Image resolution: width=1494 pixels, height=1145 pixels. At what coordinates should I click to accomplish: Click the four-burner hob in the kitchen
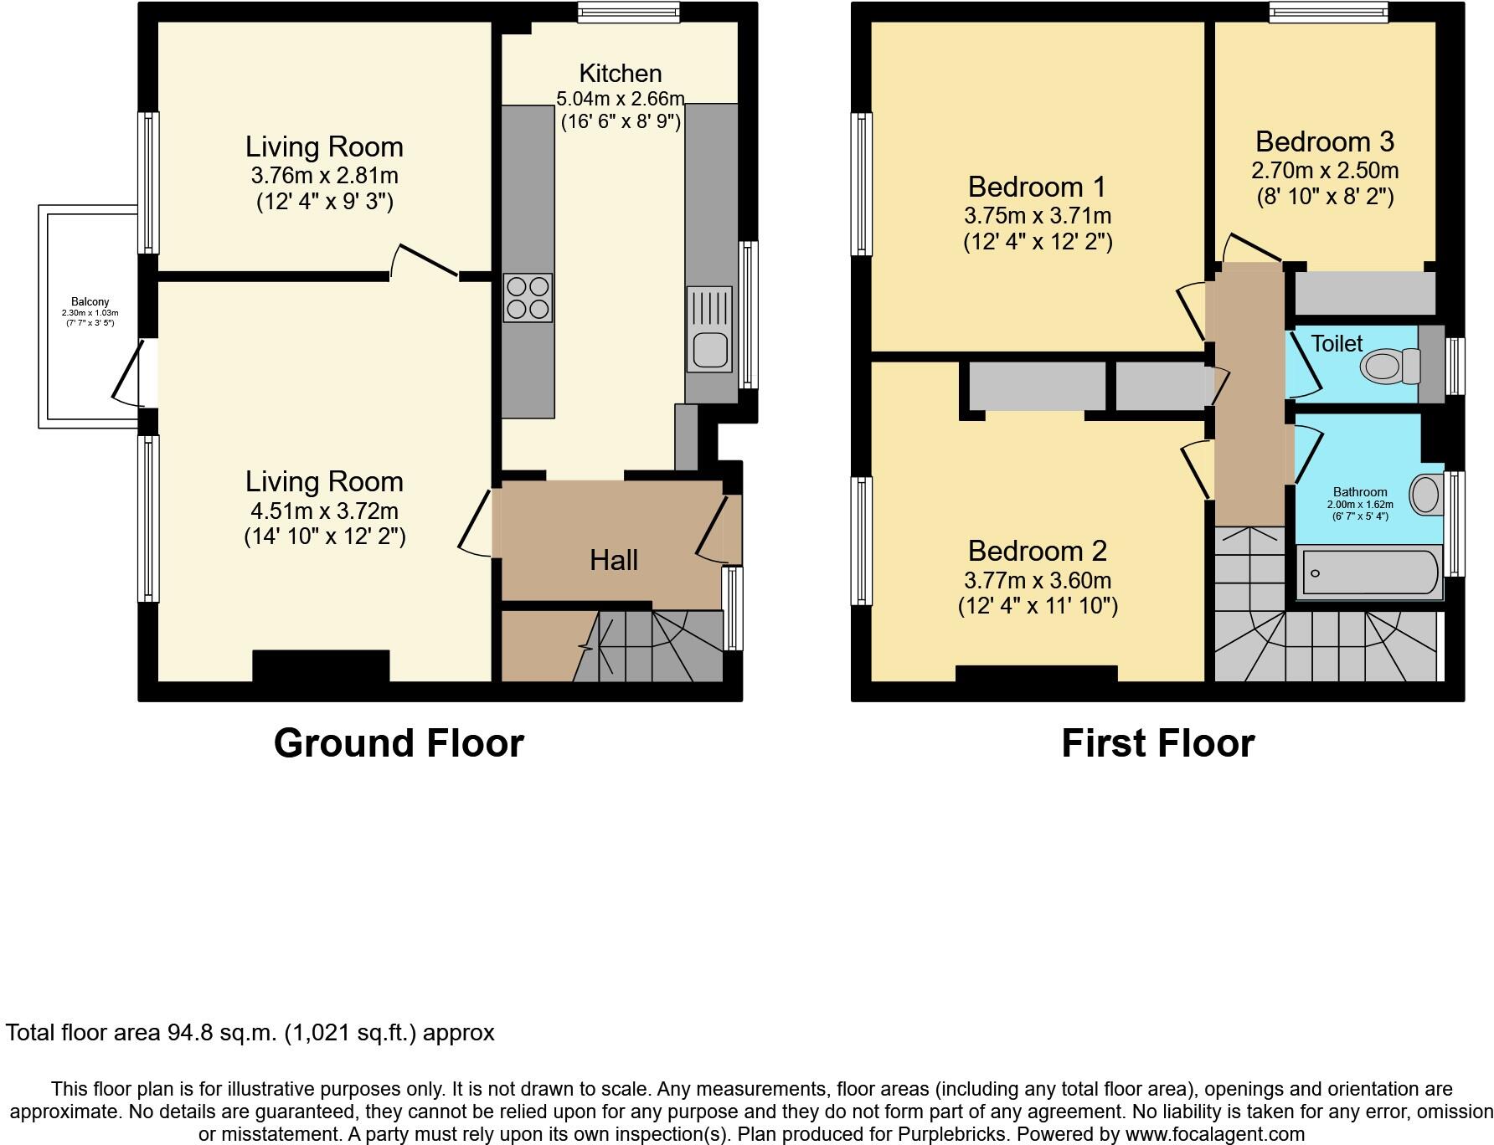pos(528,298)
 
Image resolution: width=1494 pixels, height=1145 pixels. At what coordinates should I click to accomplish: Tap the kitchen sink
pos(709,328)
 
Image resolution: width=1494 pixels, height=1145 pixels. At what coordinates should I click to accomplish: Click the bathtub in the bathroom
pos(1369,572)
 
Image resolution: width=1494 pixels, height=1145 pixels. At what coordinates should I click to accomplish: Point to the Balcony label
pos(90,302)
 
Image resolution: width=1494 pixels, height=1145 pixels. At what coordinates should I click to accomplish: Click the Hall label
pos(614,560)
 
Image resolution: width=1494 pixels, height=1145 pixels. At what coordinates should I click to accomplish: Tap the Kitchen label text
pos(621,73)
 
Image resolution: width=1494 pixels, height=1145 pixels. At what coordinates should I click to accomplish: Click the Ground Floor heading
pos(399,743)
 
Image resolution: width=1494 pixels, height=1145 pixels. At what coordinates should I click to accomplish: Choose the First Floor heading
pos(1158,743)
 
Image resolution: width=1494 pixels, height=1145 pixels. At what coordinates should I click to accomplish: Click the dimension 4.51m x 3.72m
pos(325,511)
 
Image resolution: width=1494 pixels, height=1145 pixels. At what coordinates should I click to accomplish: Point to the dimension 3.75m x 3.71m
pos(1038,216)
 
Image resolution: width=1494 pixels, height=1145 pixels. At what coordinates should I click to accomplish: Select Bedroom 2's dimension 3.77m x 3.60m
pos(1038,580)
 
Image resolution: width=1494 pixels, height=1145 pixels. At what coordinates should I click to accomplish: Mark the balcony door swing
pos(127,372)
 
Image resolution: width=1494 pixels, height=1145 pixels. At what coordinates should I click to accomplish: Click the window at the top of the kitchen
pos(628,12)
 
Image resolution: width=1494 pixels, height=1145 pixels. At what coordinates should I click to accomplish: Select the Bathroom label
pos(1360,492)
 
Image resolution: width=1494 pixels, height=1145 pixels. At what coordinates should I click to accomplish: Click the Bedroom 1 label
pos(1037,186)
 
